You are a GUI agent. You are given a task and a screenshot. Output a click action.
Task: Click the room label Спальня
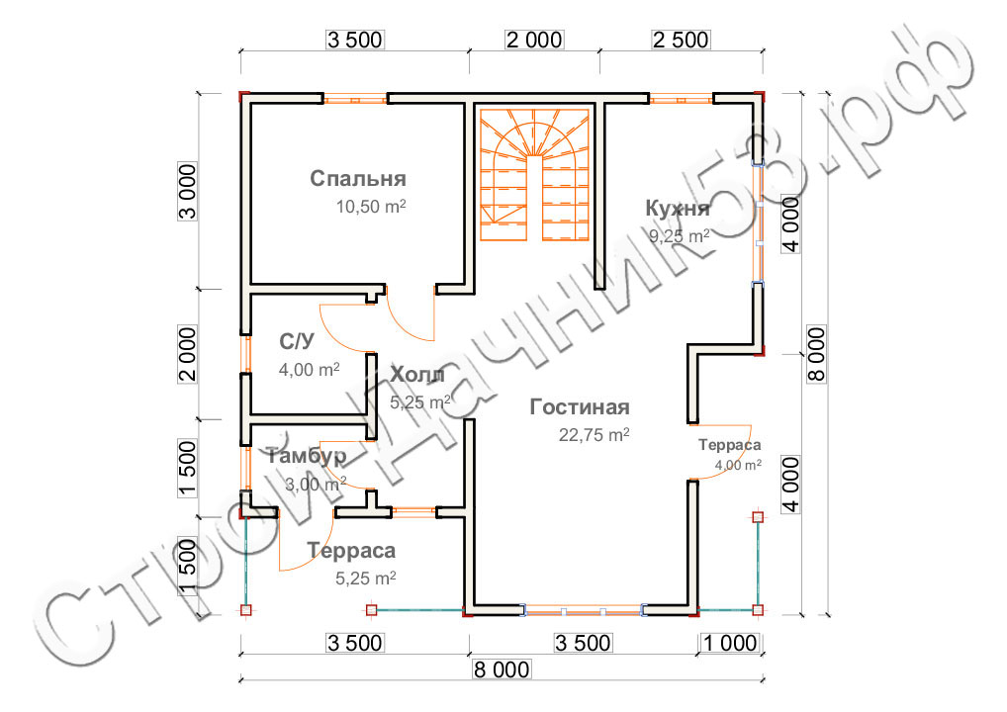[358, 179]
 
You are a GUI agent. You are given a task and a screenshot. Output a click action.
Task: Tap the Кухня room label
[677, 209]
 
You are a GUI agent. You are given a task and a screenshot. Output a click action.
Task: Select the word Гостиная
[580, 407]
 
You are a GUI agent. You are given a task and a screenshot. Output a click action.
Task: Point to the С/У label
[296, 342]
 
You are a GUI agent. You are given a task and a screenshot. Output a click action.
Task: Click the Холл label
[416, 375]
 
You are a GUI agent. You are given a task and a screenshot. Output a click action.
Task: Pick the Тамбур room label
[306, 456]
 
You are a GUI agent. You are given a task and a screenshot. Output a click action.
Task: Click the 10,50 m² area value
[372, 208]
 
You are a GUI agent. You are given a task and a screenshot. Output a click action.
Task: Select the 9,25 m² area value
[680, 236]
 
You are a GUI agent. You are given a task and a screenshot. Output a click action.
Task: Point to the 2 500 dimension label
[680, 40]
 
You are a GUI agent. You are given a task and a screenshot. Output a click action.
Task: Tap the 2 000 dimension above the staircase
[534, 40]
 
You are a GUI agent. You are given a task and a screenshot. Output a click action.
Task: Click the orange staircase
[534, 174]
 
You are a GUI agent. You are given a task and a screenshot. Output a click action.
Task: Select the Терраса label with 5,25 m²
[351, 551]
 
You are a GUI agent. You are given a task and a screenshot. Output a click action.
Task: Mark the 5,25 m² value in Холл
[420, 401]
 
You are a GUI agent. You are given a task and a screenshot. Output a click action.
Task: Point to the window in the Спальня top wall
[355, 98]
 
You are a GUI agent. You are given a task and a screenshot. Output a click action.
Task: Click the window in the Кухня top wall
[681, 98]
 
